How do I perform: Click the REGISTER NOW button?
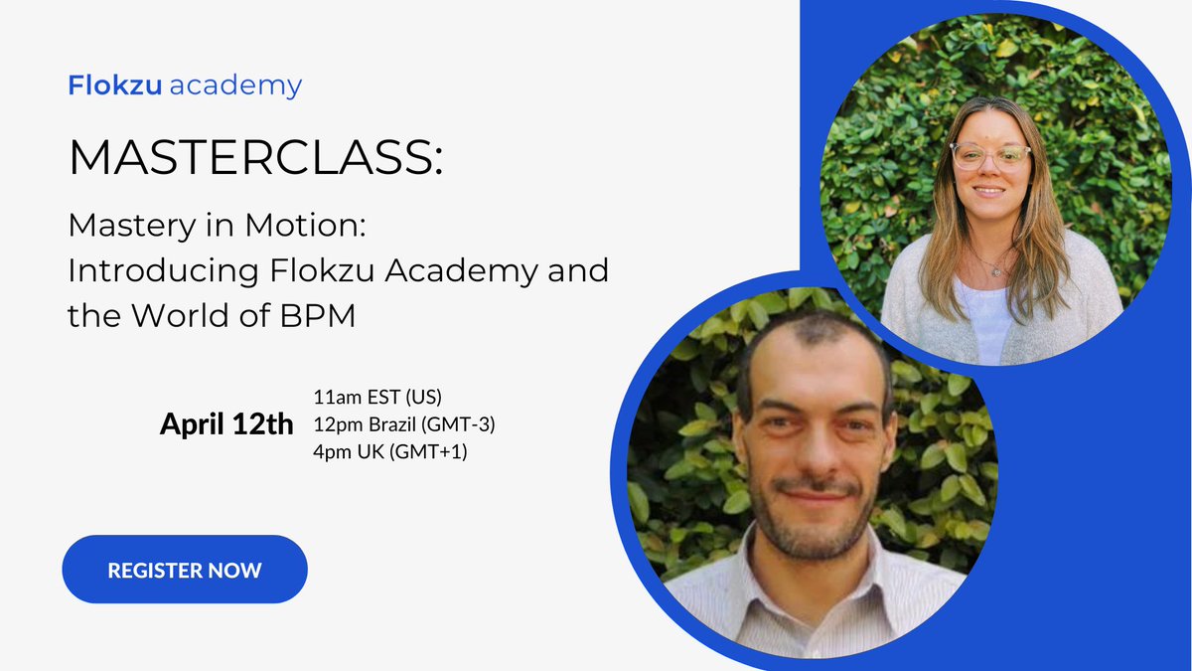(185, 571)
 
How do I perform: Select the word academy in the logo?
(235, 86)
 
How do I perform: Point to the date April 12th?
(226, 425)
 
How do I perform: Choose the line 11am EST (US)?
(376, 400)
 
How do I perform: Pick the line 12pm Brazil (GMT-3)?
(403, 424)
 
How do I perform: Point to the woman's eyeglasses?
(989, 155)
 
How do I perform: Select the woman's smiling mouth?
(989, 190)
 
